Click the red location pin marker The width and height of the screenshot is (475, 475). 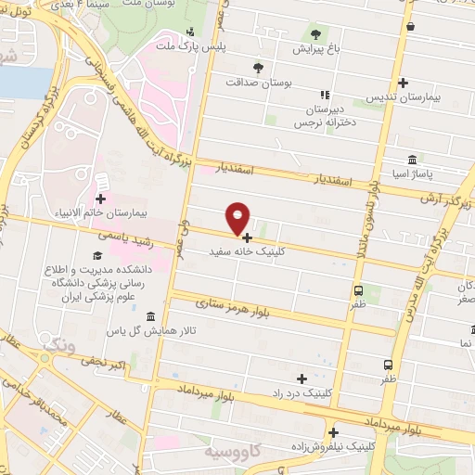click(x=238, y=218)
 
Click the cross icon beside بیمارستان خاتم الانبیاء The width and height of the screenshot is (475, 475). click(x=100, y=199)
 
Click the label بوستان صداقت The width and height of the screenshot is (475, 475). click(x=259, y=82)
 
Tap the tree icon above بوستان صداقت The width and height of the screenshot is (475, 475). click(x=259, y=68)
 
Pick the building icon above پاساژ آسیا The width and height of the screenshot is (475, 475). click(x=412, y=159)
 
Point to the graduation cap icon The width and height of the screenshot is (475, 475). click(x=97, y=255)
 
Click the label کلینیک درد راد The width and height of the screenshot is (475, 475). click(x=302, y=393)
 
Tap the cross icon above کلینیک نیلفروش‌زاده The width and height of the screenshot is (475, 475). click(x=332, y=432)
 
